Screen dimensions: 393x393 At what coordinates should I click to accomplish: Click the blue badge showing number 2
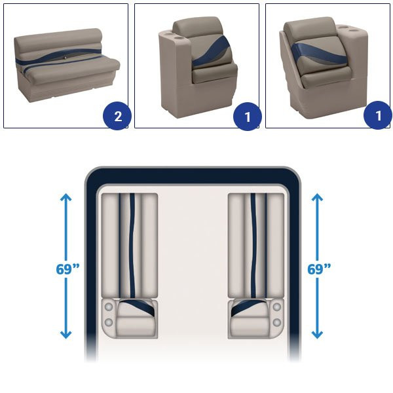tap(117, 116)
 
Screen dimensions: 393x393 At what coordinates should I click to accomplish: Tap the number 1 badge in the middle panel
tap(248, 117)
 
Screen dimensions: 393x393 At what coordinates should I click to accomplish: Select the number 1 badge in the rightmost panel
tap(378, 115)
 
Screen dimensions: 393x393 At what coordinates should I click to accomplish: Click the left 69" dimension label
tap(67, 269)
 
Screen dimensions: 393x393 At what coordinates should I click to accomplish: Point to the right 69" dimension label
tap(319, 269)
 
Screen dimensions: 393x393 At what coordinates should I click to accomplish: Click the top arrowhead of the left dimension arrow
tap(66, 197)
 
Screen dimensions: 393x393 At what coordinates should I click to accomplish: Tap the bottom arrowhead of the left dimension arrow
tap(66, 335)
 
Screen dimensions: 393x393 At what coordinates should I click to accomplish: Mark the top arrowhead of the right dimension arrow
tap(317, 197)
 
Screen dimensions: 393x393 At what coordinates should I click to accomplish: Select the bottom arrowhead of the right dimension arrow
tap(317, 335)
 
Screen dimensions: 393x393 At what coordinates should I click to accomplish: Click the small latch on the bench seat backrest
tap(64, 58)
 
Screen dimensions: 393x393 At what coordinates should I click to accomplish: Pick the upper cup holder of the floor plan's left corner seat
tap(109, 307)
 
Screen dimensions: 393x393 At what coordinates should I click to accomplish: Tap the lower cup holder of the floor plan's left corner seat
tap(109, 322)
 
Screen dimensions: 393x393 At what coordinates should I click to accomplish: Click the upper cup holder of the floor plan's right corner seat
tap(277, 307)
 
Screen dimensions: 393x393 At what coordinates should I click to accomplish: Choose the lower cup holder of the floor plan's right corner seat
tap(277, 322)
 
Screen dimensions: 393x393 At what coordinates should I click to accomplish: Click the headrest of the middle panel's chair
tap(198, 26)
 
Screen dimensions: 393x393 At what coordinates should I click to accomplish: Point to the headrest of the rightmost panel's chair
tap(310, 28)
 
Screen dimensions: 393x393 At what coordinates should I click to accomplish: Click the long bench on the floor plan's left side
tap(130, 246)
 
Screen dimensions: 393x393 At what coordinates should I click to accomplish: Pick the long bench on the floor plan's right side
tap(256, 246)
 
